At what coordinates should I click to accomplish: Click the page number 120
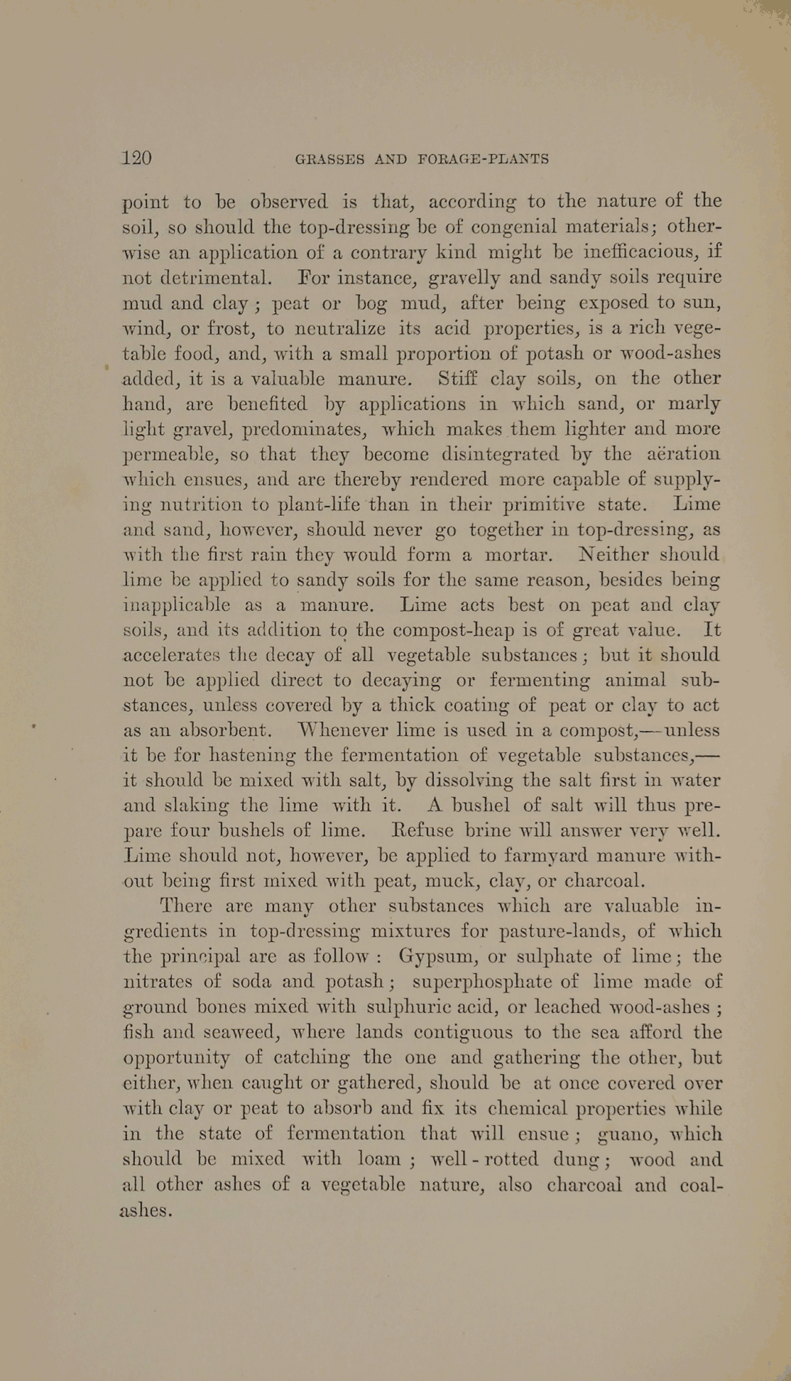[x=137, y=158]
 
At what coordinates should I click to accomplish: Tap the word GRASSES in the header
[x=329, y=159]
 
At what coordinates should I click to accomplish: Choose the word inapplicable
[x=177, y=606]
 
